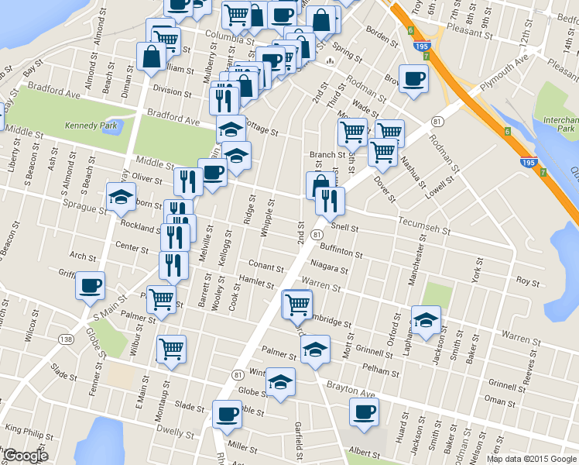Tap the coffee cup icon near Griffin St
coord(91,285)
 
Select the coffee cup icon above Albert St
coord(364,412)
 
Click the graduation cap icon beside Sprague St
coord(121,198)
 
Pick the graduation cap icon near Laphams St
coord(426,320)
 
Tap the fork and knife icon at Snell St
coord(331,201)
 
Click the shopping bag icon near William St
coord(151,55)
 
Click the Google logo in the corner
coord(26,456)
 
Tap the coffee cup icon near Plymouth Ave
coord(414,79)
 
